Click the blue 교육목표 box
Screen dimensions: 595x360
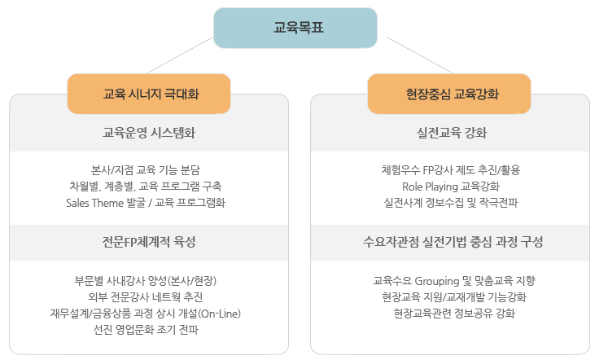click(295, 28)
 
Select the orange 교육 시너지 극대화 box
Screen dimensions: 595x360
click(149, 94)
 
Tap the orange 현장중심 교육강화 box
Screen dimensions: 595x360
click(449, 94)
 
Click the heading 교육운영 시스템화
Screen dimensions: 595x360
click(149, 133)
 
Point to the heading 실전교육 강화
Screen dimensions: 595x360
click(452, 133)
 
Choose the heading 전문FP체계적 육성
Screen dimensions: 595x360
click(149, 242)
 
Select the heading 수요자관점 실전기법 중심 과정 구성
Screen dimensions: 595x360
click(453, 242)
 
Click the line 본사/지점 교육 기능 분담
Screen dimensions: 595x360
click(146, 170)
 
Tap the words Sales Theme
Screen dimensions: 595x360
click(95, 203)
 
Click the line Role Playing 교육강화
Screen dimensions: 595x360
click(451, 187)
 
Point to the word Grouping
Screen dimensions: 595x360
click(437, 281)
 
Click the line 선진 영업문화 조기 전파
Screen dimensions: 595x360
click(146, 330)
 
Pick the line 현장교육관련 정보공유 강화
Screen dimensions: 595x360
click(454, 314)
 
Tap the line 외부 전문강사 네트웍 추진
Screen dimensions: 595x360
click(146, 297)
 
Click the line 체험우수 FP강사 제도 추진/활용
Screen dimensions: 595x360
click(451, 170)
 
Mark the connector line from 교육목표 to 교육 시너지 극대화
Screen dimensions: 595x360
click(180, 55)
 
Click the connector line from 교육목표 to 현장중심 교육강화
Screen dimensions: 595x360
click(419, 55)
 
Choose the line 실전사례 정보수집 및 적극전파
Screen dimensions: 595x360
click(451, 203)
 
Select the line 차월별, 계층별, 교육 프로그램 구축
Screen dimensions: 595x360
click(146, 187)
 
